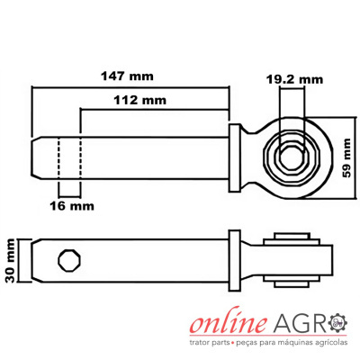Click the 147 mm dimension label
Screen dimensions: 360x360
127,76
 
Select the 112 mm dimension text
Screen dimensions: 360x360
139,100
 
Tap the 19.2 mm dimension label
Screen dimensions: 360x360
295,79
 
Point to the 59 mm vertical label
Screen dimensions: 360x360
346,157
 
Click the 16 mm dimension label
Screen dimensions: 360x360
72,206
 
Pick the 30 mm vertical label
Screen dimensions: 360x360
10,261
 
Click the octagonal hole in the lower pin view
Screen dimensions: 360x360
69,260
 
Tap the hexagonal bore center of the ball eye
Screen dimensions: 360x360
292,157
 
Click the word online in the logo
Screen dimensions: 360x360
229,323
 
